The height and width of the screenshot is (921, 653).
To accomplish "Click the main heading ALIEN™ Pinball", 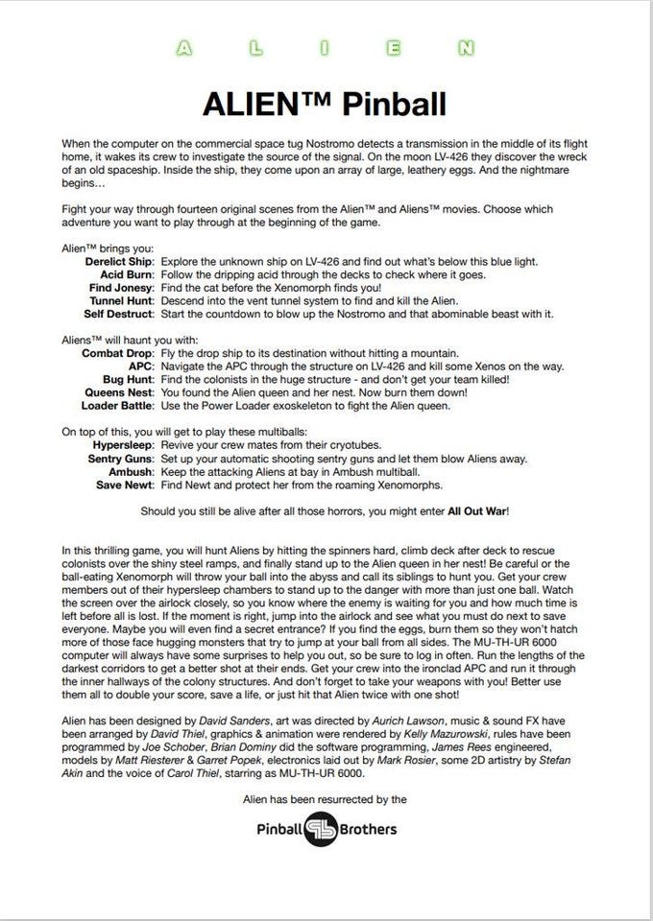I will [x=326, y=103].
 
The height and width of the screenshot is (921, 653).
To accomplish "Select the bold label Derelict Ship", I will [x=119, y=262].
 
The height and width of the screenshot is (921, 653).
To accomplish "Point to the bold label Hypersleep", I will [x=124, y=445].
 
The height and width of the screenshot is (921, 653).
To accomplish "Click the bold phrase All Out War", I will [x=478, y=511].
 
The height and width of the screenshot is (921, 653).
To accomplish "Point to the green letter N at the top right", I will [x=465, y=45].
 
